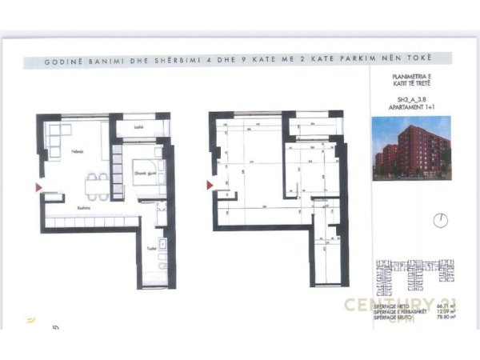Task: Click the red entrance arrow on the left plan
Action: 39,187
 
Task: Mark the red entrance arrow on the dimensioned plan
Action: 210,186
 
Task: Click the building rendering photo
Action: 411,145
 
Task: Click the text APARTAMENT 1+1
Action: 411,106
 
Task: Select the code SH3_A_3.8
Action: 411,99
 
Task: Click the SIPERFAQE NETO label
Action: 390,306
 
